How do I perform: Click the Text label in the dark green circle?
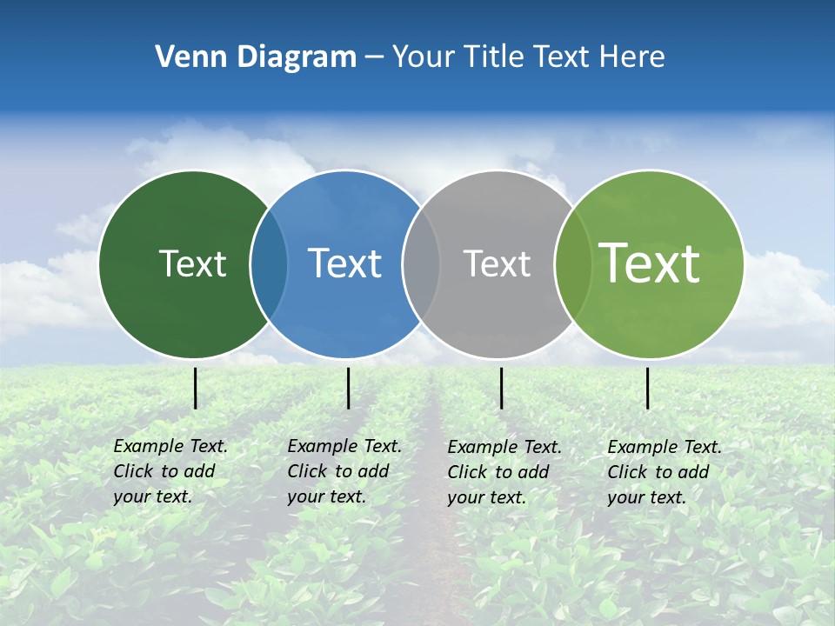click(x=192, y=263)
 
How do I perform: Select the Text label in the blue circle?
click(x=344, y=263)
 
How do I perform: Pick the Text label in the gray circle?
click(x=497, y=263)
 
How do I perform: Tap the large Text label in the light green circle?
click(x=649, y=263)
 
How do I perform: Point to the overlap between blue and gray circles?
click(x=421, y=264)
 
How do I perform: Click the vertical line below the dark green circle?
click(x=195, y=388)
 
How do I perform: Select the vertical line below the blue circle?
click(x=348, y=388)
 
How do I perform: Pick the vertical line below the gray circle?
click(x=501, y=388)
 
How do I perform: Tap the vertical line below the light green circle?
click(x=648, y=388)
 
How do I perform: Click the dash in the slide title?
click(x=374, y=58)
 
